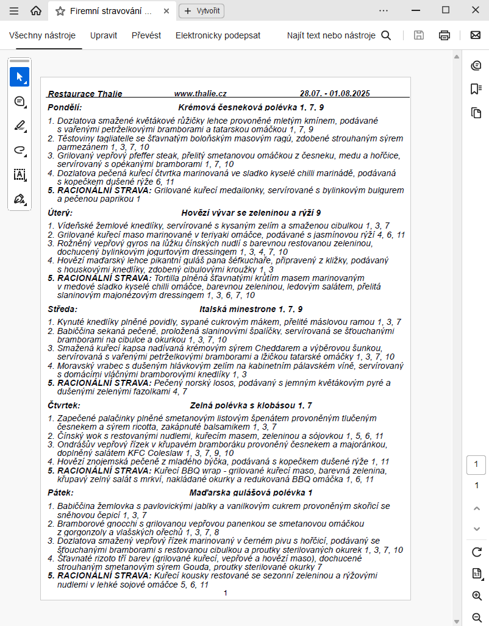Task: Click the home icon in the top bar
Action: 36,10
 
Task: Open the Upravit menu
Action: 103,35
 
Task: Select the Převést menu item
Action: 146,35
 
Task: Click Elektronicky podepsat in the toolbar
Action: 218,35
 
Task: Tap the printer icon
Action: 444,35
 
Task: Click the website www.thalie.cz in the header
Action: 200,94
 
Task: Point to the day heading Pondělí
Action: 61,107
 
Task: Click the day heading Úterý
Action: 60,213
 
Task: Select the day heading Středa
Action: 62,309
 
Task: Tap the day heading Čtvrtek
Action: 63,405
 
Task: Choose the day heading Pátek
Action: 60,492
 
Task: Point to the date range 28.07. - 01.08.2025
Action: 335,94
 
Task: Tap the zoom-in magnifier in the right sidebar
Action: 476,596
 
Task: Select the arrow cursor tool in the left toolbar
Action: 20,77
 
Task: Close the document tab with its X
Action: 166,11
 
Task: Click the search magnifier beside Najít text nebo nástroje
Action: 386,35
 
